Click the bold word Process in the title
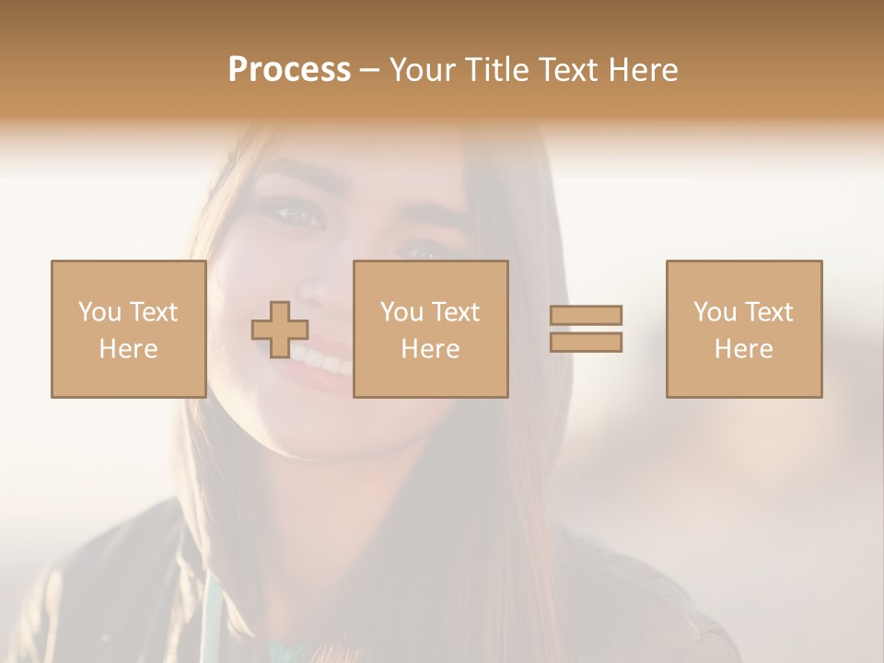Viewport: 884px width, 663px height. coord(289,70)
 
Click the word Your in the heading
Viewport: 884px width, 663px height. coord(423,70)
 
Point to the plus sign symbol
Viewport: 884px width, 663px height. coord(280,330)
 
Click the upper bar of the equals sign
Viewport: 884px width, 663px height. coord(586,315)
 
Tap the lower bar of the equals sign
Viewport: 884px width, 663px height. coord(586,343)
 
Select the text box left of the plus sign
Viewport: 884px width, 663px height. coord(128,329)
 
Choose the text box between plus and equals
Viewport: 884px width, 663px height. coord(430,329)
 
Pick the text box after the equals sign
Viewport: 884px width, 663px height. coord(743,329)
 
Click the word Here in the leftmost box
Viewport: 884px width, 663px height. coord(128,349)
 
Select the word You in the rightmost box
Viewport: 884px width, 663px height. coord(715,312)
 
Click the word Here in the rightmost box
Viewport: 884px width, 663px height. coord(743,349)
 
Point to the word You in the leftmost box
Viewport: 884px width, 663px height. coord(99,312)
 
